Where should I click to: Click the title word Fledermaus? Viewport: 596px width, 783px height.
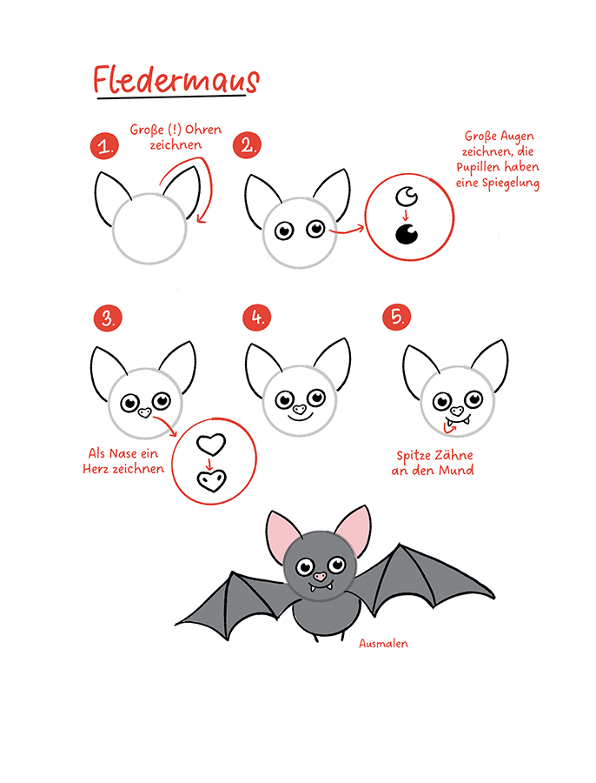[x=176, y=79]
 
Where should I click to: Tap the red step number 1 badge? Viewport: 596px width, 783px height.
[x=104, y=146]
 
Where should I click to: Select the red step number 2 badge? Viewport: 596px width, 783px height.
[x=247, y=145]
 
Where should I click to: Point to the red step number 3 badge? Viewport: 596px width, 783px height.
[x=108, y=318]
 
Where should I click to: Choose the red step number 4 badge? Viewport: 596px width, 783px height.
[x=257, y=317]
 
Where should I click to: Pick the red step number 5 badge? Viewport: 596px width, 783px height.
[x=397, y=317]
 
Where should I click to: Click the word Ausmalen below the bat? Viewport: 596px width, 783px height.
[x=383, y=643]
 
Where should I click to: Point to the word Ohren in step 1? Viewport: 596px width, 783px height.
[x=203, y=130]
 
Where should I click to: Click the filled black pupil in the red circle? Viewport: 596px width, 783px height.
[x=407, y=234]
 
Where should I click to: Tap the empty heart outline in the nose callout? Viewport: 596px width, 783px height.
[x=211, y=444]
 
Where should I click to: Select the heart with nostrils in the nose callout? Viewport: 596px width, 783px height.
[x=212, y=481]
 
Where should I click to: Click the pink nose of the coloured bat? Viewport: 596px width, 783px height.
[x=319, y=576]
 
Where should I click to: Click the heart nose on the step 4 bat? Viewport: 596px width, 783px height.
[x=299, y=410]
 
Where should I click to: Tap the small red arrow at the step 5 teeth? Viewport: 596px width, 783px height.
[x=450, y=426]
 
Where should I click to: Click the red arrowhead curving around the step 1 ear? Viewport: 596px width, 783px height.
[x=202, y=217]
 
